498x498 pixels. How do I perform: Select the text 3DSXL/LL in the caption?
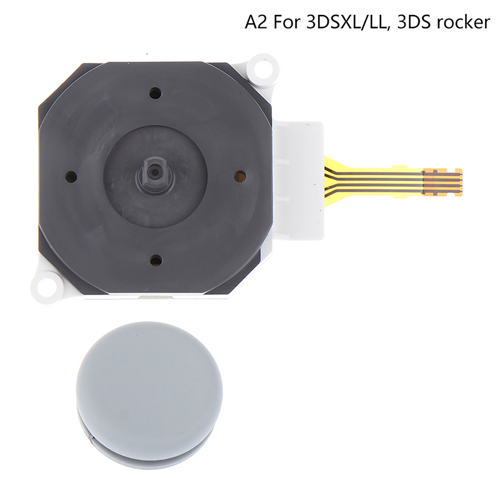(x=348, y=23)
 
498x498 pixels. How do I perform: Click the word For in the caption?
(x=286, y=22)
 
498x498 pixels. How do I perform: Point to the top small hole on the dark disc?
(x=155, y=93)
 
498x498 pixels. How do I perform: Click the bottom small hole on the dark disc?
(x=155, y=260)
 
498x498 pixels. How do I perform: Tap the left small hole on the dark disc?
(x=71, y=175)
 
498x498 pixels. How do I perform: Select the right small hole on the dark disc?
(x=240, y=175)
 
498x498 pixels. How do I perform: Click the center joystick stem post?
(x=155, y=173)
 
